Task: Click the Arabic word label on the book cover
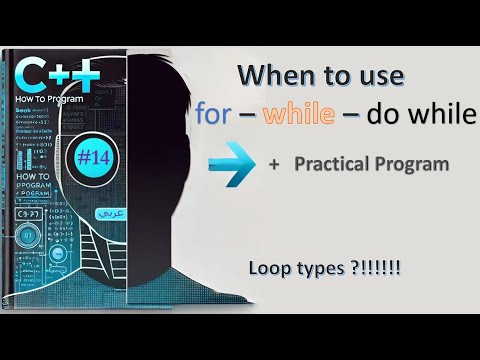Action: tap(103, 214)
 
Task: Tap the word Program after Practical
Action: tap(412, 165)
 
